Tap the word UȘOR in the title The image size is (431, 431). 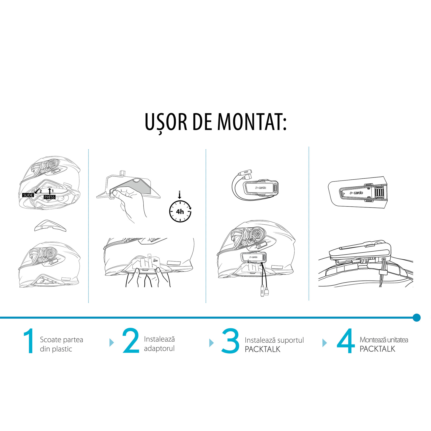[166, 122]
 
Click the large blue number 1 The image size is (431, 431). [28, 341]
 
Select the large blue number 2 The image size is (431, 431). [131, 341]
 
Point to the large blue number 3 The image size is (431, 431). [230, 341]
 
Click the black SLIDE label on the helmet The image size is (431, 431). [28, 195]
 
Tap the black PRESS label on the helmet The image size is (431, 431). [50, 197]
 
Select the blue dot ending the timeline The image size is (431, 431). [416, 318]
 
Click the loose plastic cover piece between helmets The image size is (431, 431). [50, 226]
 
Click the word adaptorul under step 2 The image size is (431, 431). [159, 349]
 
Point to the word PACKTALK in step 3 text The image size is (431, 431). [262, 349]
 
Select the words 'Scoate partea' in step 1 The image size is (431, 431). [61, 340]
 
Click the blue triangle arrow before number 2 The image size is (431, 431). [112, 343]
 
